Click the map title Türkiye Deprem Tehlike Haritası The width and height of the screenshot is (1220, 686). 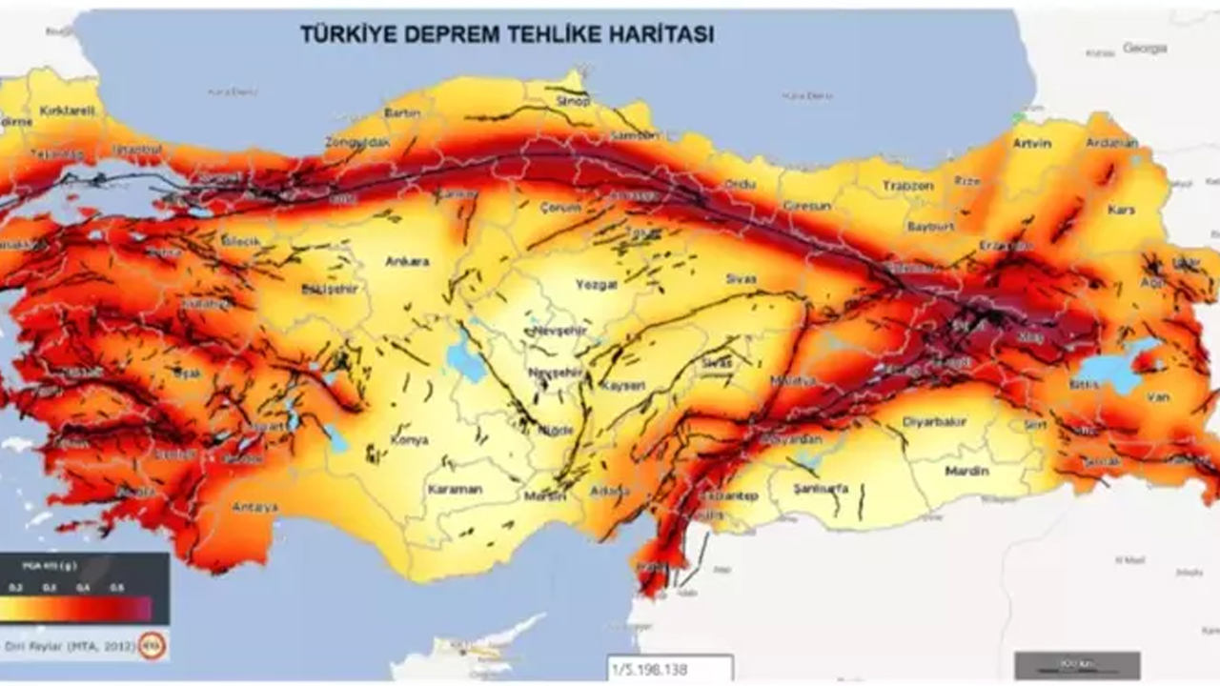507,34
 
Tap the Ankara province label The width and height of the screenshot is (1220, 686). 407,261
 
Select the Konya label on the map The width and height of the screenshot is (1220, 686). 409,440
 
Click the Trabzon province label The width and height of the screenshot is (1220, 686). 907,186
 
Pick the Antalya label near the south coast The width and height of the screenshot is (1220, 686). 254,507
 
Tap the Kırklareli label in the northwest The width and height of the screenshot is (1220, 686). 68,111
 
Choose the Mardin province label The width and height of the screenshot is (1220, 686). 966,471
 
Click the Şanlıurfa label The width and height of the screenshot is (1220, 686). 821,489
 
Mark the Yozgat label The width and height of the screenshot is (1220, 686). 597,284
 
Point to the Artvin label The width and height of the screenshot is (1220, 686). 1033,144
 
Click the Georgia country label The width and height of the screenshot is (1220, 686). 1145,48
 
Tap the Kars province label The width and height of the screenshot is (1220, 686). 1121,209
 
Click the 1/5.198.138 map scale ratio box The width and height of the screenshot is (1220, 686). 670,669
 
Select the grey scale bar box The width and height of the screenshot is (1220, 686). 1077,664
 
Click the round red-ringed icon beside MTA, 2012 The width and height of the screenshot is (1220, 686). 151,646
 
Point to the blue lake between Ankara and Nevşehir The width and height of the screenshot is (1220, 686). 465,358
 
